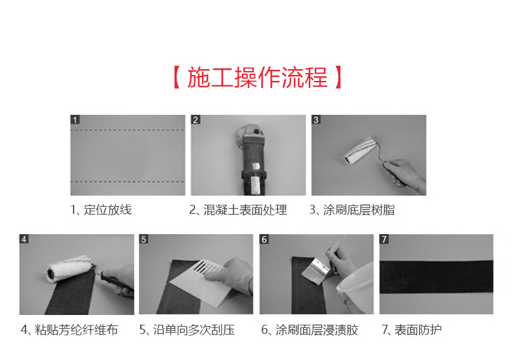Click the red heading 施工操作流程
point(257,78)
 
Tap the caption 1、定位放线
point(101,210)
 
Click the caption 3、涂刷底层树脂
point(352,210)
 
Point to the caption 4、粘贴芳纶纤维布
point(69,330)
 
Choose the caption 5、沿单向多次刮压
point(186,330)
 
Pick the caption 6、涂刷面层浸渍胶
point(310,330)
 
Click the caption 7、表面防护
point(411,330)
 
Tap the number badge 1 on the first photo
point(76,120)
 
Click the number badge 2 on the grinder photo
point(196,120)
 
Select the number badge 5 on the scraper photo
point(144,239)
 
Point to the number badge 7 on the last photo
point(385,239)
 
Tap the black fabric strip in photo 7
point(437,275)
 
